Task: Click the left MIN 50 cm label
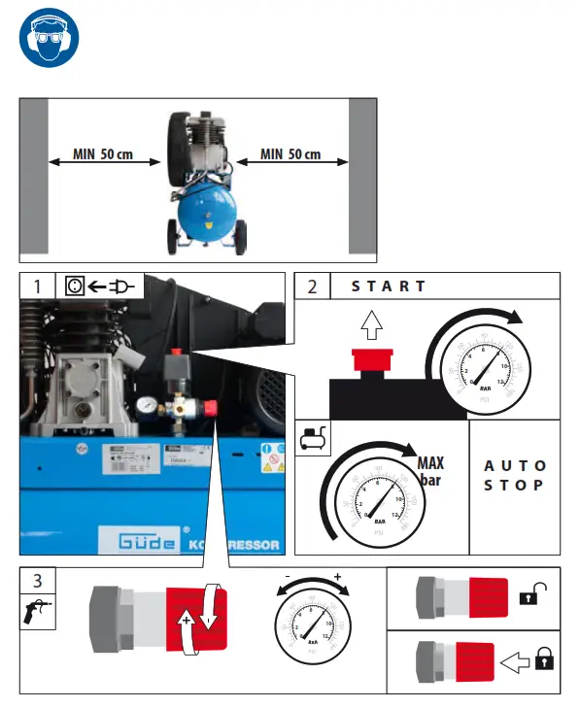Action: point(102,155)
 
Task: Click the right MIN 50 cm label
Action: point(290,155)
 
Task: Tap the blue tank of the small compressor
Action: point(206,209)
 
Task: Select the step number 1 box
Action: point(37,286)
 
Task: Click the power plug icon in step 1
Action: point(123,286)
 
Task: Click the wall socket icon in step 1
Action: point(75,286)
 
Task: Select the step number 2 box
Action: point(312,286)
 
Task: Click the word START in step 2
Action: point(388,286)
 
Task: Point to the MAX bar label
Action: point(430,471)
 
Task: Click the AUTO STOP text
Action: point(515,475)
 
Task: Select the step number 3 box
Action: point(37,581)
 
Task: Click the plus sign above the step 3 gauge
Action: point(338,576)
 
